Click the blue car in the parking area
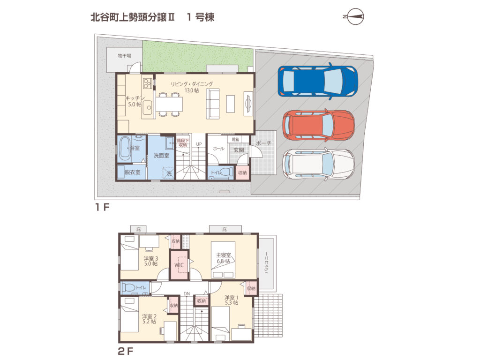(317, 81)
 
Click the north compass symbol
(354, 17)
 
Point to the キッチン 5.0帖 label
(133, 101)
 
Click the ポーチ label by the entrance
(264, 143)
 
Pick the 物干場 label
(124, 56)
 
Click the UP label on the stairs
(199, 144)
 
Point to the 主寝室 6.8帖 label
(223, 258)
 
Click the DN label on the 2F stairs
(187, 294)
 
